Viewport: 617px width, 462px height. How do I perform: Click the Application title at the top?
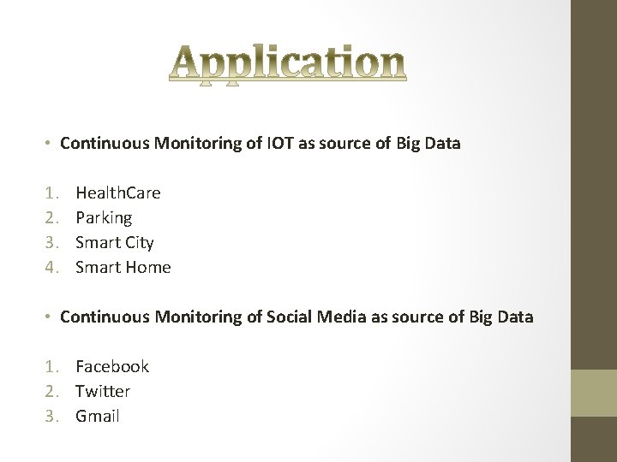point(287,64)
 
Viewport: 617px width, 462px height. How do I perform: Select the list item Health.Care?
point(117,192)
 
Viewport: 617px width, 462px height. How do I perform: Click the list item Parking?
point(104,218)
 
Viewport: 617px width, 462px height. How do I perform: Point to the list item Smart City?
point(114,242)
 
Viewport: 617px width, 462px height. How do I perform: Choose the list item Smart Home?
point(123,267)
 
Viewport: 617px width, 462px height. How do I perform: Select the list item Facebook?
point(112,366)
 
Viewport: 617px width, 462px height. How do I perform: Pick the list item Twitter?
point(103,391)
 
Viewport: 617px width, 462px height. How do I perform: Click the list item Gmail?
point(98,417)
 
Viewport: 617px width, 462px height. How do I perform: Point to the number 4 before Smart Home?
point(51,267)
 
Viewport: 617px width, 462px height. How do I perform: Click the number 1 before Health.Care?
point(51,192)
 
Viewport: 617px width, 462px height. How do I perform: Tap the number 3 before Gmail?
point(51,417)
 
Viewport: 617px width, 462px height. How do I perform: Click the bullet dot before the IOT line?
point(51,143)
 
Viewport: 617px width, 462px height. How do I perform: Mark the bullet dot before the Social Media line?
point(51,317)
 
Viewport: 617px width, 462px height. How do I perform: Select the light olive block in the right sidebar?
point(594,393)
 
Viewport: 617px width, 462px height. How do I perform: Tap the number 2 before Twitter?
point(51,391)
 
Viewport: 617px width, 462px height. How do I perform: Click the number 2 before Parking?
point(51,218)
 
